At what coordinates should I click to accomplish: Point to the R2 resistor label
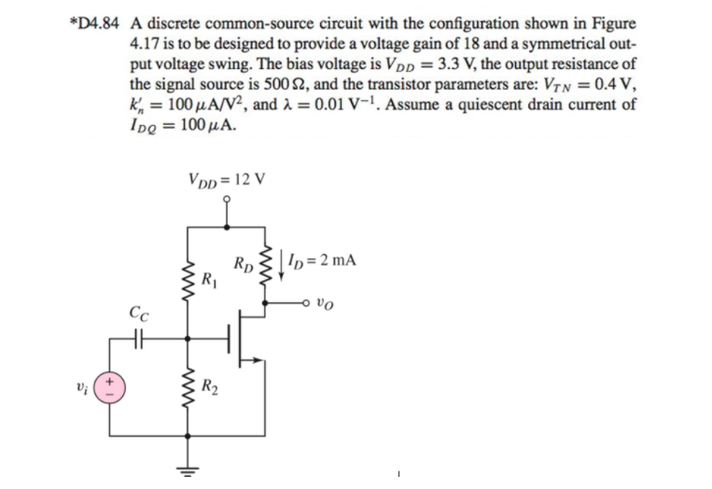point(212,382)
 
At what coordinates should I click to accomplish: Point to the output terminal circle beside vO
point(308,301)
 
